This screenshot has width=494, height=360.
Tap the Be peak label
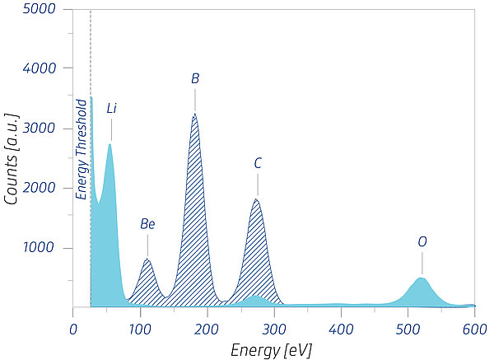[147, 223]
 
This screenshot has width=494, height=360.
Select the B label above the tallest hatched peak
[195, 79]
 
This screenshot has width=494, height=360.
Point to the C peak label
[258, 163]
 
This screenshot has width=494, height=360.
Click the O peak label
[422, 242]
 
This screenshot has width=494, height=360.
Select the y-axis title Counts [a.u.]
[12, 158]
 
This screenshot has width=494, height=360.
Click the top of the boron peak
[194, 115]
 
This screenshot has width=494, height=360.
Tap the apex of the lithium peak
[110, 145]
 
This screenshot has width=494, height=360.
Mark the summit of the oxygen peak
[422, 278]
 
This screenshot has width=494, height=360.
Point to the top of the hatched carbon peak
[257, 199]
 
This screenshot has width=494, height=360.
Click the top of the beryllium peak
[147, 259]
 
